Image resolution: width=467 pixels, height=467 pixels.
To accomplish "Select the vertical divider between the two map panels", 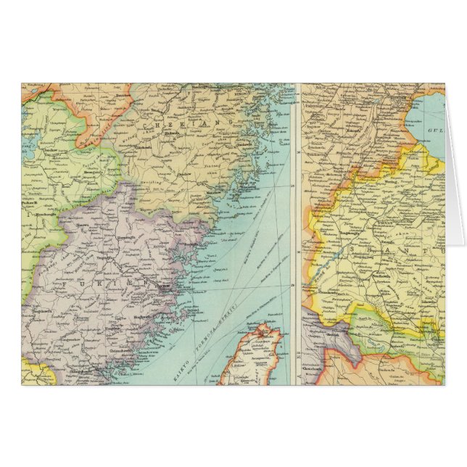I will pos(297,232).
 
